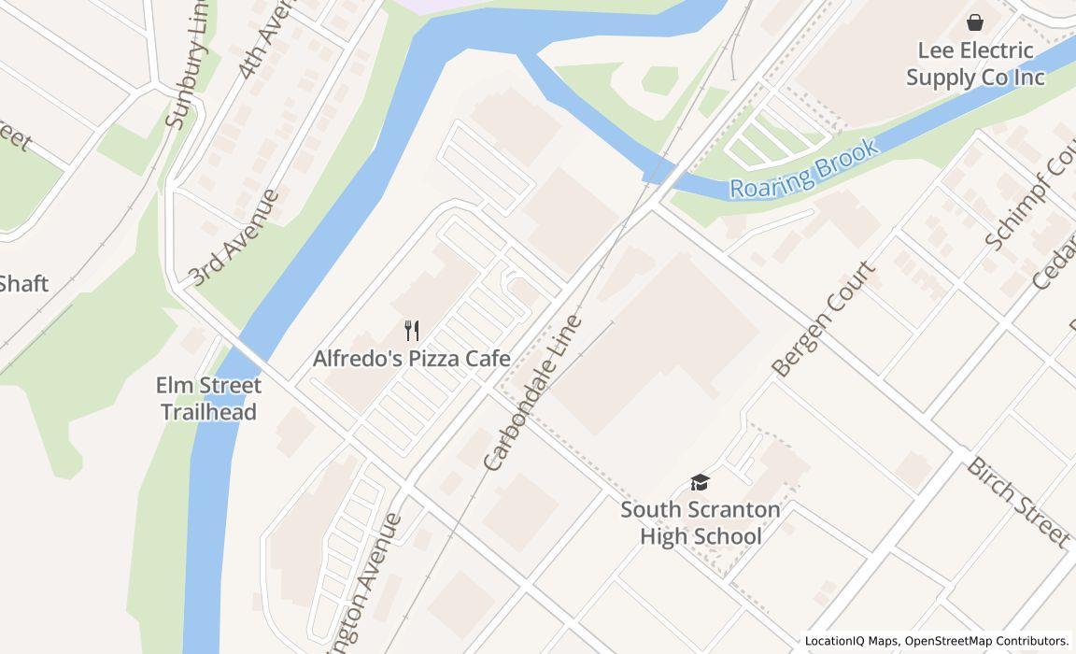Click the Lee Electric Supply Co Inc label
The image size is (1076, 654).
(x=975, y=64)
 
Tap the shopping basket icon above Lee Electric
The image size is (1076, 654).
(x=975, y=21)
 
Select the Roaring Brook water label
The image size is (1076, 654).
(x=803, y=169)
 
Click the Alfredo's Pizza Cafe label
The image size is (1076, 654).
(x=411, y=359)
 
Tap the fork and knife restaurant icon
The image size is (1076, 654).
(x=411, y=330)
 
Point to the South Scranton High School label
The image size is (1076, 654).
(x=700, y=523)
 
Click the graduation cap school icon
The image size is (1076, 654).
(x=700, y=482)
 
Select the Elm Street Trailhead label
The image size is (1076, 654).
(x=208, y=398)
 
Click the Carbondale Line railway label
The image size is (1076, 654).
(x=532, y=392)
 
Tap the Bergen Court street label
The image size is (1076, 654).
(x=826, y=319)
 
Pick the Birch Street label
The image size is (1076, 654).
(x=1017, y=501)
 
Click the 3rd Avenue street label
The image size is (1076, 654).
(x=234, y=237)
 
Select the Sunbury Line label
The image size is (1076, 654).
(x=188, y=70)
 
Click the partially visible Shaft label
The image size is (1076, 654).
(x=23, y=283)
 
